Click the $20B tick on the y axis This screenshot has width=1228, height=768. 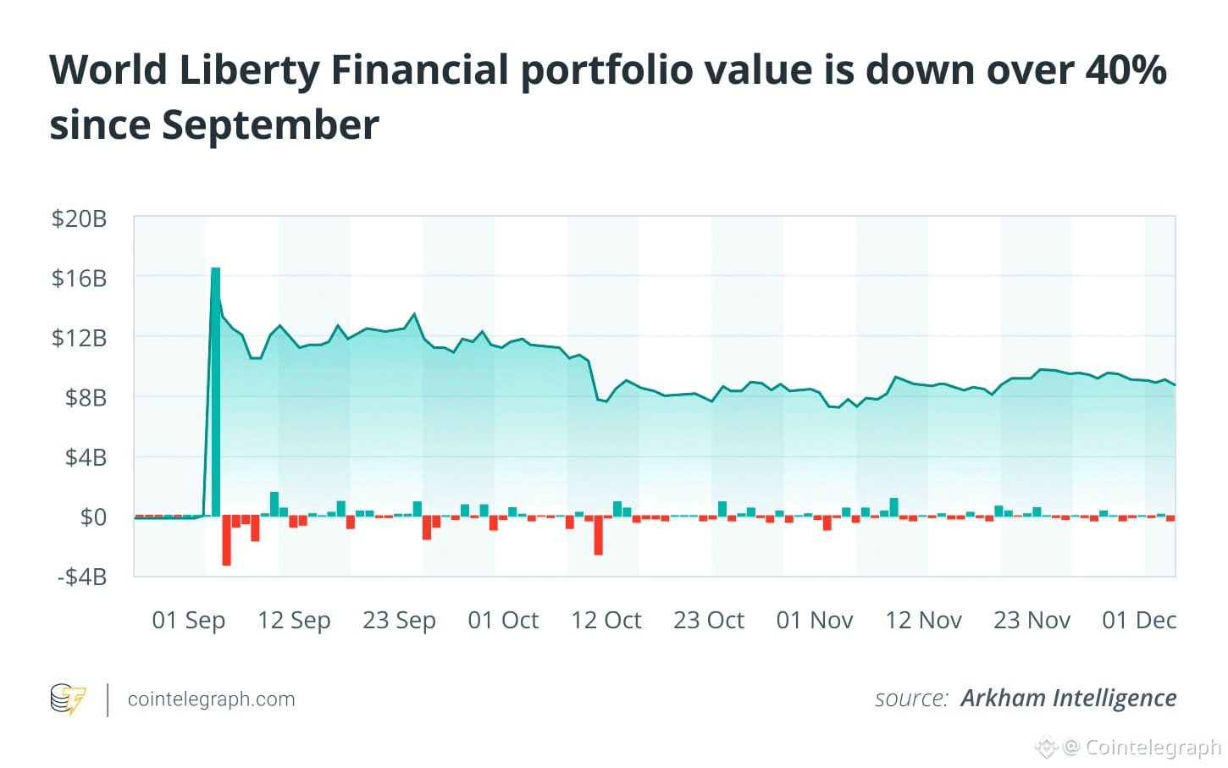pyautogui.click(x=79, y=218)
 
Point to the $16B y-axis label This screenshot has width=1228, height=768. pyautogui.click(x=79, y=278)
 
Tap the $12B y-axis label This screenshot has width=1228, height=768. pyautogui.click(x=79, y=338)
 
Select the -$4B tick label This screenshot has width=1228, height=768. pyautogui.click(x=81, y=577)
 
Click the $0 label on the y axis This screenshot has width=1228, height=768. pyautogui.click(x=93, y=517)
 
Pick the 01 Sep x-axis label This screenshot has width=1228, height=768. pyautogui.click(x=188, y=621)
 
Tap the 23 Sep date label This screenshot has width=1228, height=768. pyautogui.click(x=399, y=621)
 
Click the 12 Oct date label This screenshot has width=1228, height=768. pyautogui.click(x=606, y=621)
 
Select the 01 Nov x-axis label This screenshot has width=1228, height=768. pyautogui.click(x=815, y=621)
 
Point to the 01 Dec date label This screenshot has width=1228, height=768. pyautogui.click(x=1139, y=621)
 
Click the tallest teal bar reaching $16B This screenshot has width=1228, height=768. pyautogui.click(x=216, y=390)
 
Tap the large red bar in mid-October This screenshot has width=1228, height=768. pyautogui.click(x=598, y=535)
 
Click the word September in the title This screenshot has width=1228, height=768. pyautogui.click(x=271, y=125)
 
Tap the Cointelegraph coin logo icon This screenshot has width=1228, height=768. pyautogui.click(x=68, y=699)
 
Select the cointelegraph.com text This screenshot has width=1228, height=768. pyautogui.click(x=211, y=699)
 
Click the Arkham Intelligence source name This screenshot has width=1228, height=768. pyautogui.click(x=1068, y=698)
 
